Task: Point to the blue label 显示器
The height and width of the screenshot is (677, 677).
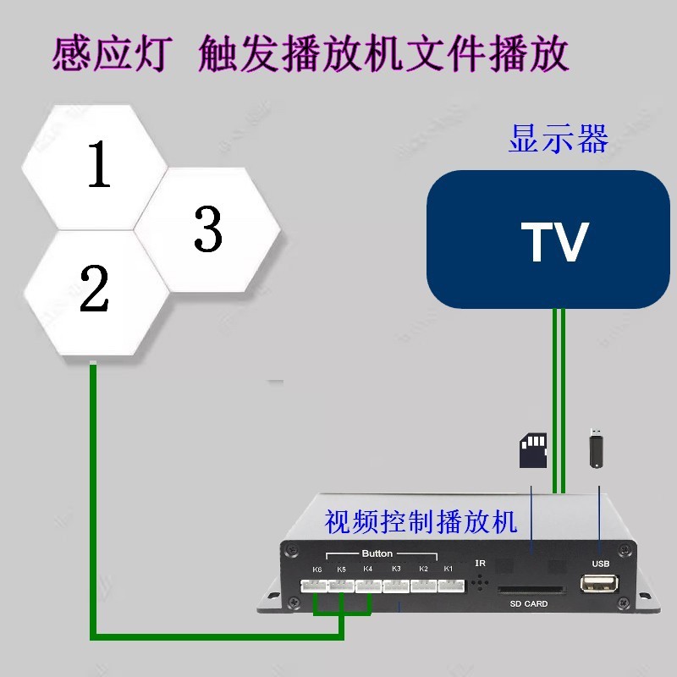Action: pyautogui.click(x=558, y=139)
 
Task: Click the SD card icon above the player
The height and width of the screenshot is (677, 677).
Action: pyautogui.click(x=532, y=450)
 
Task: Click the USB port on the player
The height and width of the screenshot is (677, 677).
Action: pyautogui.click(x=600, y=584)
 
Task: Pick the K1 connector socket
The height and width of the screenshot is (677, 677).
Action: pyautogui.click(x=450, y=586)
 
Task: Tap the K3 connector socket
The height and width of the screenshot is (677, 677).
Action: pyautogui.click(x=396, y=586)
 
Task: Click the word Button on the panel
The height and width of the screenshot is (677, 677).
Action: pyautogui.click(x=377, y=554)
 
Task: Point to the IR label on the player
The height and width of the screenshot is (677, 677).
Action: pyautogui.click(x=480, y=564)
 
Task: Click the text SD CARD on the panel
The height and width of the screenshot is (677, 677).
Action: pyautogui.click(x=529, y=604)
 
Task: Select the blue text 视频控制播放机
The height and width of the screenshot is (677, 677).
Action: pyautogui.click(x=420, y=521)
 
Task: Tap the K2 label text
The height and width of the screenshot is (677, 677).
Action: pyautogui.click(x=423, y=569)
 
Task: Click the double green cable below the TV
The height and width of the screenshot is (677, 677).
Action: pyautogui.click(x=558, y=398)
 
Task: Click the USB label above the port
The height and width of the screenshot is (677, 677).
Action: pyautogui.click(x=601, y=564)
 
